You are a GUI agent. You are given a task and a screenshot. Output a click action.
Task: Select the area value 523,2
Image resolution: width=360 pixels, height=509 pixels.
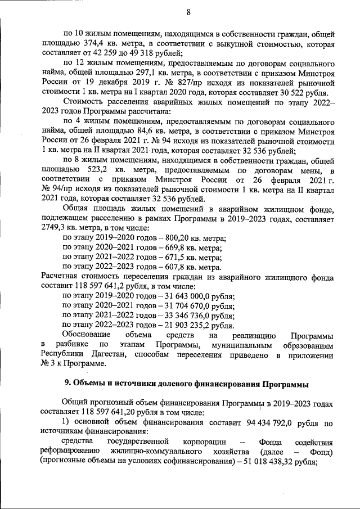(x=99, y=170)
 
